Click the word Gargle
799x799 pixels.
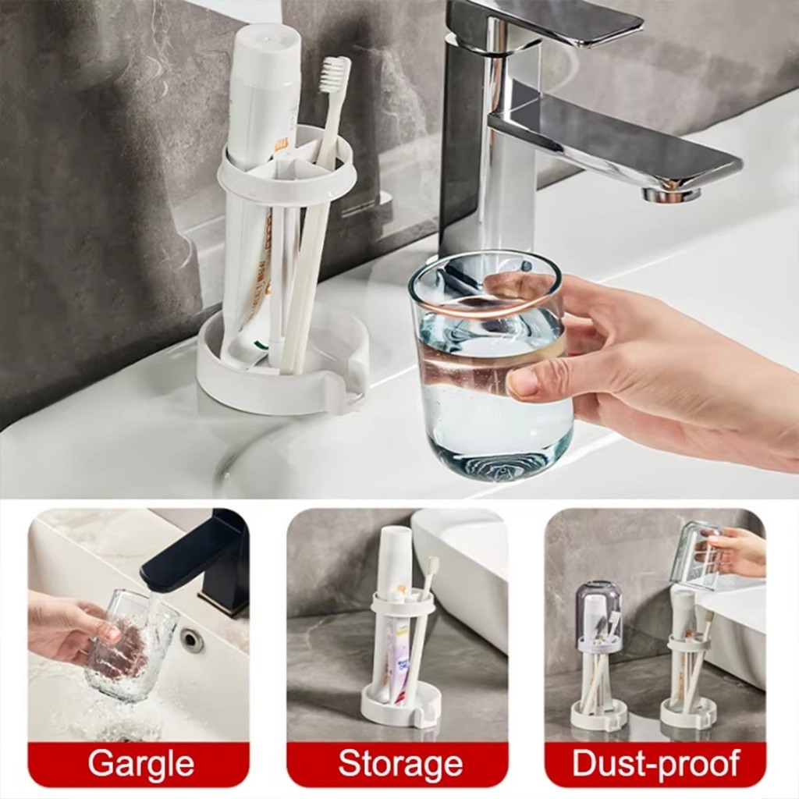click(x=140, y=764)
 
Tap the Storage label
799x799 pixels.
click(x=400, y=764)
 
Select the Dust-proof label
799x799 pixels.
click(x=655, y=763)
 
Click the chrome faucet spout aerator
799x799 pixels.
click(x=672, y=194)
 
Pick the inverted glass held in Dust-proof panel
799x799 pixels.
click(x=699, y=554)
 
